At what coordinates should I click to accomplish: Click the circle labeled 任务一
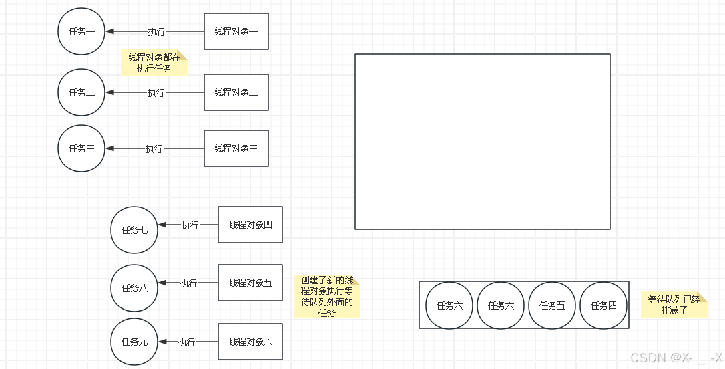pos(81,31)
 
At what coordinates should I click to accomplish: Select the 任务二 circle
pos(81,92)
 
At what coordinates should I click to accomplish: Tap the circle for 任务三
pos(81,148)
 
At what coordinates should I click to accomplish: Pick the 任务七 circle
pos(134,230)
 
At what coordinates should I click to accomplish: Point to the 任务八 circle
pos(134,288)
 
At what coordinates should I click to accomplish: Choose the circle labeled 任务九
pos(134,342)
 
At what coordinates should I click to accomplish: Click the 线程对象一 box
pos(236,31)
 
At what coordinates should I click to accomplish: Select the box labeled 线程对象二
pos(236,92)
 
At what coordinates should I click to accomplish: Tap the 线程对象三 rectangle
pos(236,148)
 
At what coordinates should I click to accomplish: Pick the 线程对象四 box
pos(250,225)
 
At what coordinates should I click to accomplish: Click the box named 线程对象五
pos(250,283)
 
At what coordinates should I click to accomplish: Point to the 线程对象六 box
pos(250,342)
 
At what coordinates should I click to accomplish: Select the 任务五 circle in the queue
pos(552,305)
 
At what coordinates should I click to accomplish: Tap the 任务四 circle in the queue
pos(603,305)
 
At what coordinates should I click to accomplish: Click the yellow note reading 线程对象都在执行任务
pos(154,63)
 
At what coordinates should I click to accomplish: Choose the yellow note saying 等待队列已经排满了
pos(674,305)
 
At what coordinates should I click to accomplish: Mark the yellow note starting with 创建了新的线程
pos(326,296)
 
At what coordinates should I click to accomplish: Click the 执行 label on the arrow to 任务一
pos(156,31)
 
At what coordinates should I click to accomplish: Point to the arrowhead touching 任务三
pos(110,148)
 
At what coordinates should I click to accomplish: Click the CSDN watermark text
pos(676,358)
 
